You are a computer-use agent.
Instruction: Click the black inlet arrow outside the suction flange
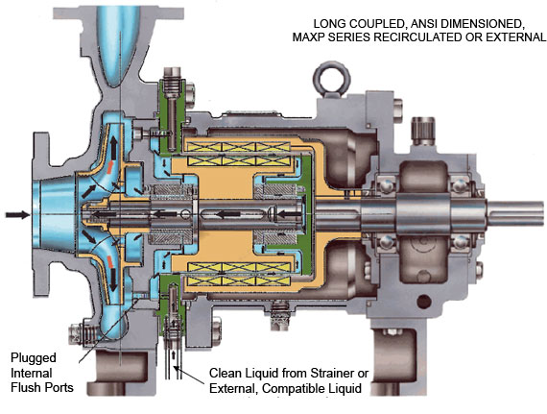(17, 214)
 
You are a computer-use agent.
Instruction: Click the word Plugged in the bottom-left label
(34, 358)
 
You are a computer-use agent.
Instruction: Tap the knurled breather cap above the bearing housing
(422, 131)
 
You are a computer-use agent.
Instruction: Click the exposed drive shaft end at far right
(515, 213)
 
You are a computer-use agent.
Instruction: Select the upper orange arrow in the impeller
(110, 167)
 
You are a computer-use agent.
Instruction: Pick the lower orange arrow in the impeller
(109, 261)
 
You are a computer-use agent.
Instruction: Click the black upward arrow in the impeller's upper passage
(114, 146)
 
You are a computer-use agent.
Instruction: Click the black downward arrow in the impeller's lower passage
(113, 281)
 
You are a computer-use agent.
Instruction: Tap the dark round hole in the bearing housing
(424, 302)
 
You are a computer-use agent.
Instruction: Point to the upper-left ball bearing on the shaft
(387, 185)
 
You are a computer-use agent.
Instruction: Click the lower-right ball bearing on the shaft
(461, 241)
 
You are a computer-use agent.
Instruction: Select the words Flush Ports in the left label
(42, 387)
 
